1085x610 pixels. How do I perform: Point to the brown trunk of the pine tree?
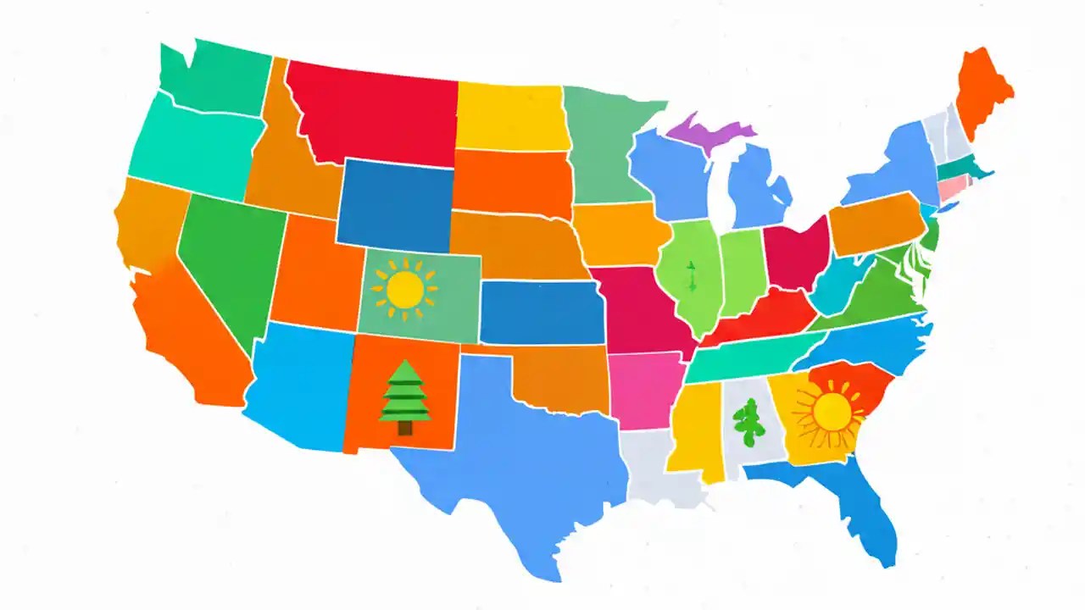tap(405, 427)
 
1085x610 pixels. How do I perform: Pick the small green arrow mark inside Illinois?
tap(691, 276)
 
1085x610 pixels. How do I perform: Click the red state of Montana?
tap(373, 114)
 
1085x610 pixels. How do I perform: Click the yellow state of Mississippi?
tap(698, 428)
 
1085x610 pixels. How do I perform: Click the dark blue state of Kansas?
tap(539, 310)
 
